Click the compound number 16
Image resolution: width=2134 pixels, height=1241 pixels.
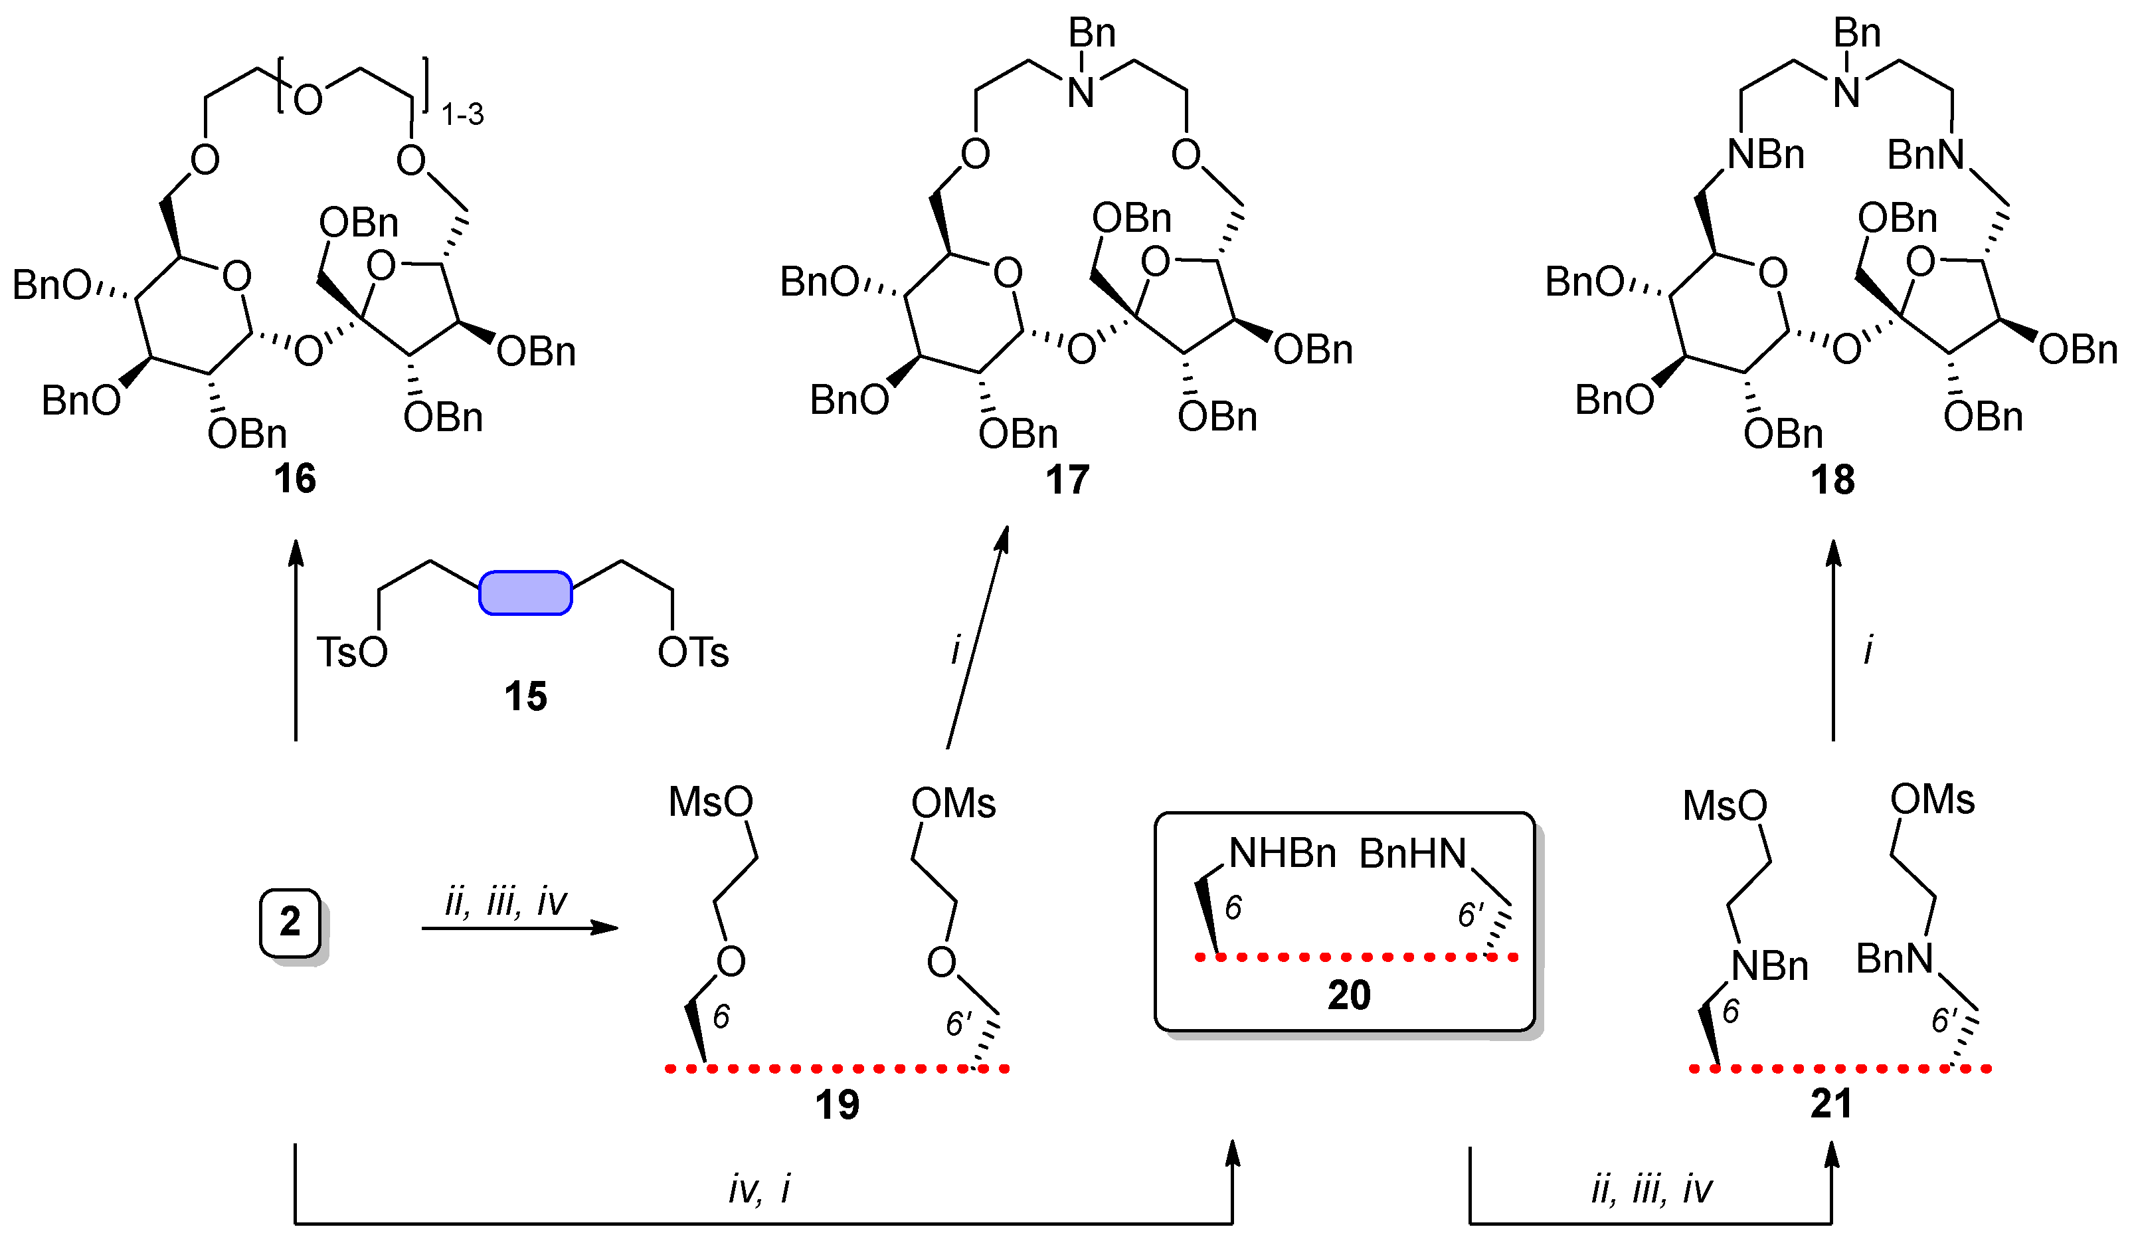point(295,480)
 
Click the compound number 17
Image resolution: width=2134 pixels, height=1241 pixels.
point(1067,481)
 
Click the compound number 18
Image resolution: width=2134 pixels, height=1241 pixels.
point(1832,481)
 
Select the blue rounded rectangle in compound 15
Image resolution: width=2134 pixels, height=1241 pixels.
point(525,593)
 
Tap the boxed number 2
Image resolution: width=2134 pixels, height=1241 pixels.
point(290,921)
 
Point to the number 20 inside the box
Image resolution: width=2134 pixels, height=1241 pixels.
point(1348,995)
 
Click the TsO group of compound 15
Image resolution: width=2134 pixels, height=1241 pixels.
point(352,653)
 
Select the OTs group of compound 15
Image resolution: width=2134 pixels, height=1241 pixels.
point(693,653)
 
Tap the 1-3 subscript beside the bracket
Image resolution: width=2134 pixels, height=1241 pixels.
point(462,114)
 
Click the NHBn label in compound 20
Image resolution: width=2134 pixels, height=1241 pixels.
point(1282,854)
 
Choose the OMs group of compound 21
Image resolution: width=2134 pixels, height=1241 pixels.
point(1933,800)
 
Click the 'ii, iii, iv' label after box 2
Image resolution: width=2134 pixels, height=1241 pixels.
point(506,903)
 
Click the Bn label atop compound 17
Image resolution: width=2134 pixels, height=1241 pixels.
point(1091,34)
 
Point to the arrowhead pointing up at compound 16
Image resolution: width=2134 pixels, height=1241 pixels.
point(296,551)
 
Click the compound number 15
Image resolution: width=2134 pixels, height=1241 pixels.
point(525,697)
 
